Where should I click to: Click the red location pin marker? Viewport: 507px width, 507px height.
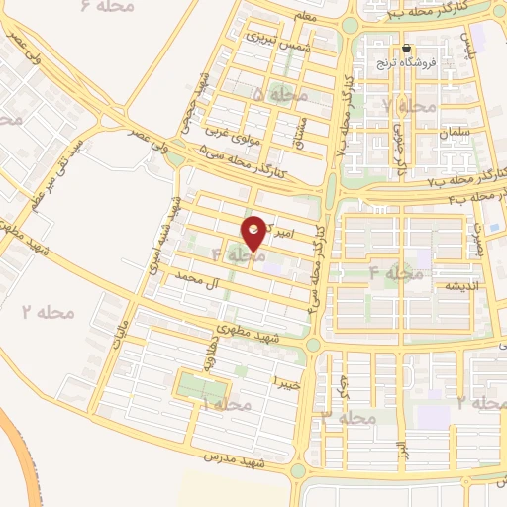[254, 232]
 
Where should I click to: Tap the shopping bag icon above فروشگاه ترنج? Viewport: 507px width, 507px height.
[405, 49]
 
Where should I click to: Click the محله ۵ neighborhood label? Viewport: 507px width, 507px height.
[280, 94]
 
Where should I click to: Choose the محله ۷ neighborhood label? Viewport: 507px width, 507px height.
[409, 106]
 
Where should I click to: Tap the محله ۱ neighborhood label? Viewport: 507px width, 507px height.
[225, 404]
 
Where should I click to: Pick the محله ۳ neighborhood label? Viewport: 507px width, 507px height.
[348, 418]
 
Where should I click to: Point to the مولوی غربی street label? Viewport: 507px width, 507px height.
[233, 132]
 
